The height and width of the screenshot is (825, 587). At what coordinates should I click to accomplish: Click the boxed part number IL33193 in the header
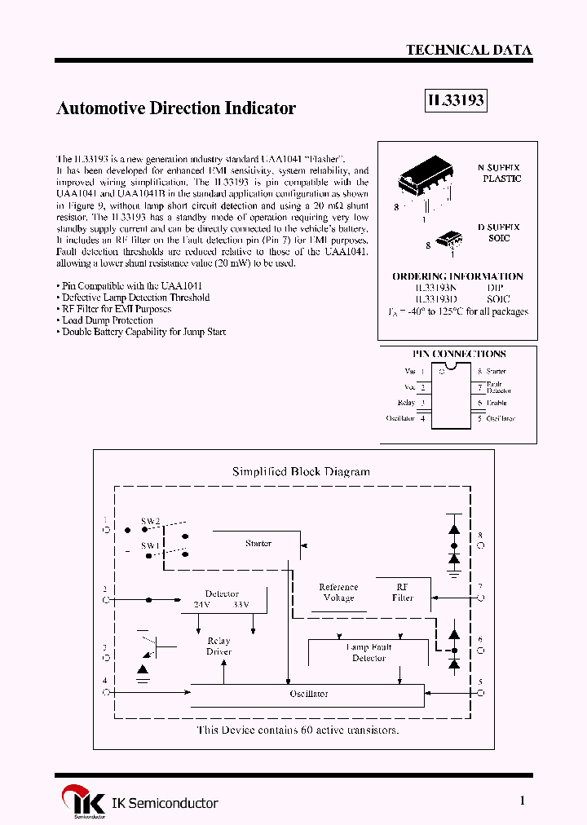(456, 101)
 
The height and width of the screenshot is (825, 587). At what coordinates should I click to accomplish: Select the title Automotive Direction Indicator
(175, 108)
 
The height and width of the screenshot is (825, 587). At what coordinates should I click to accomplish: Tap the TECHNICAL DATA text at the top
(469, 50)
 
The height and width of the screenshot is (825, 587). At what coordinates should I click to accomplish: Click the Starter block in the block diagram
(258, 543)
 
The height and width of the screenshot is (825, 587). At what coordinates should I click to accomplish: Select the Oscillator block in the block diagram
(307, 694)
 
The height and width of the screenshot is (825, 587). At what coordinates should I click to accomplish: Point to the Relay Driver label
(218, 646)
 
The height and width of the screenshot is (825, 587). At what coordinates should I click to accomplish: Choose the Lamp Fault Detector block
(369, 652)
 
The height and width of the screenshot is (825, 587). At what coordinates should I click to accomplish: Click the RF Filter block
(403, 592)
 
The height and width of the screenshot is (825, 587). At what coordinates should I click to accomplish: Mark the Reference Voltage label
(338, 592)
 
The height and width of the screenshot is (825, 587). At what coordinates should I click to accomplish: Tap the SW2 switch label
(151, 520)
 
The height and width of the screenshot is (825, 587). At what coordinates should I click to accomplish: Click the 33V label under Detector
(241, 605)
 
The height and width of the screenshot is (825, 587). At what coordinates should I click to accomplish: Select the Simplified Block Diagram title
(301, 471)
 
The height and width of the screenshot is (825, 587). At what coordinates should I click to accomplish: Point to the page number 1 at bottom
(522, 801)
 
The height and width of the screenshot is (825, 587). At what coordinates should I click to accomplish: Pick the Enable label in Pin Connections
(496, 403)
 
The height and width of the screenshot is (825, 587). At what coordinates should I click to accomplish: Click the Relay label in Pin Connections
(406, 403)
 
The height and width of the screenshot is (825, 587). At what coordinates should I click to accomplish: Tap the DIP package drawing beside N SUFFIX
(425, 182)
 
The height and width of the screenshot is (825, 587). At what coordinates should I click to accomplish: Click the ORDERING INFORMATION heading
(457, 276)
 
